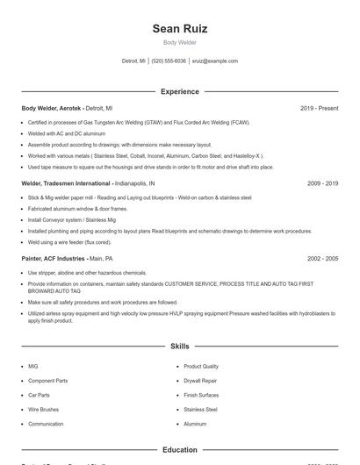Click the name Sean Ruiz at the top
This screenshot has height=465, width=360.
[x=180, y=28]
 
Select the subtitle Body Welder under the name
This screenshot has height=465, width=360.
[x=180, y=42]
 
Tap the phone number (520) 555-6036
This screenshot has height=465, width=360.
[x=169, y=61]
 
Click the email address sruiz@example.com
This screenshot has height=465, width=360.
[x=215, y=61]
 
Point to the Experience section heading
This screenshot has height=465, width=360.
[x=180, y=91]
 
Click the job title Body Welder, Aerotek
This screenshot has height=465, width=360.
[x=52, y=108]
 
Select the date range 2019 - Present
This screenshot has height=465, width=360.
[x=319, y=108]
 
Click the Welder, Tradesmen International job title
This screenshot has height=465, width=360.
[x=67, y=183]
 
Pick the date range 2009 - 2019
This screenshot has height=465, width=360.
[x=322, y=183]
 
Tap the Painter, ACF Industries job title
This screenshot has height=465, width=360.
[x=54, y=259]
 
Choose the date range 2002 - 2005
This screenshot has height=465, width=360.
[x=322, y=259]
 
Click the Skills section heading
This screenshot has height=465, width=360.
[x=180, y=347]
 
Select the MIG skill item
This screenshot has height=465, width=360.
[x=33, y=366]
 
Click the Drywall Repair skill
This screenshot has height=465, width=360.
[x=201, y=381]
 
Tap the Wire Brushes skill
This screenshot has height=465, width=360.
[x=43, y=410]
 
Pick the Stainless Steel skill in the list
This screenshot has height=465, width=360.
[x=200, y=410]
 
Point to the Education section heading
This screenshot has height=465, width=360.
[x=180, y=450]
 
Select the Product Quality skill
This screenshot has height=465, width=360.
[x=201, y=366]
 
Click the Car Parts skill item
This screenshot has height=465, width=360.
[x=39, y=395]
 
